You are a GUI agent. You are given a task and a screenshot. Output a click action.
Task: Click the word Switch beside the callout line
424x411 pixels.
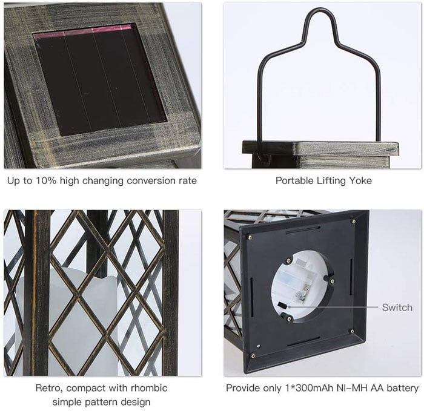pyautogui.click(x=397, y=307)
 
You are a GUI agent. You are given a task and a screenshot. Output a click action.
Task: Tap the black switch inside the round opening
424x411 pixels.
pyautogui.click(x=282, y=305)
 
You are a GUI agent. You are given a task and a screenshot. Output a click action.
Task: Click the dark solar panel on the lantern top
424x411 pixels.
pyautogui.click(x=99, y=80)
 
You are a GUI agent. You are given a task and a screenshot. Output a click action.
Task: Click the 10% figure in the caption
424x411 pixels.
pyautogui.click(x=46, y=181)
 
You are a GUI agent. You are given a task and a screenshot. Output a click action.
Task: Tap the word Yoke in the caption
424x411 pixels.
pyautogui.click(x=360, y=180)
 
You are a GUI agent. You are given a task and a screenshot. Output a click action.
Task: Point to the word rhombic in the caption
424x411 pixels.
pyautogui.click(x=149, y=388)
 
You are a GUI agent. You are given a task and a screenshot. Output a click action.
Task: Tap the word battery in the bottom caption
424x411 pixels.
pyautogui.click(x=403, y=389)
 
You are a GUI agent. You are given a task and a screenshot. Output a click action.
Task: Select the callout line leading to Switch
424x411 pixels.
pyautogui.click(x=333, y=307)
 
